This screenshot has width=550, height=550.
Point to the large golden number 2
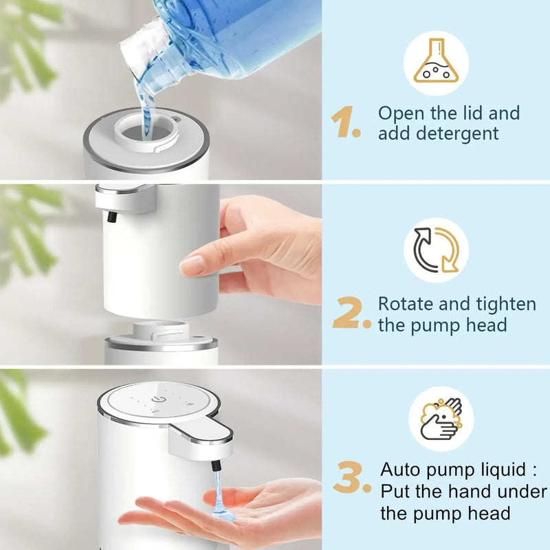pyautogui.click(x=351, y=313)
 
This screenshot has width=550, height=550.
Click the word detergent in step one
pyautogui.click(x=438, y=133)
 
